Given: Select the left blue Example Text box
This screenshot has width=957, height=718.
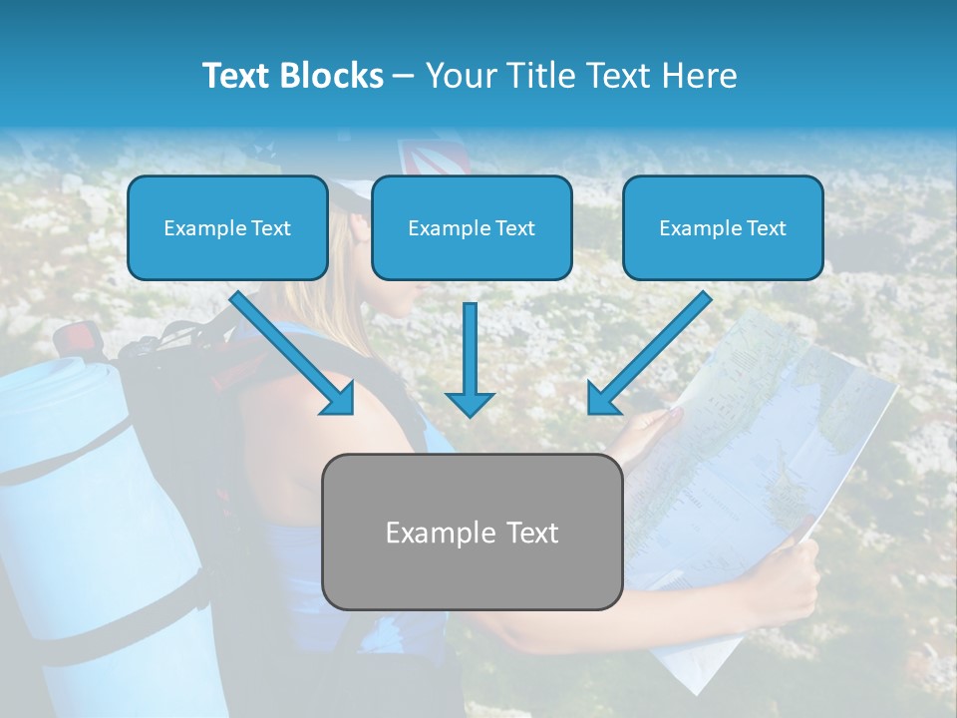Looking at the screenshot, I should [x=227, y=227].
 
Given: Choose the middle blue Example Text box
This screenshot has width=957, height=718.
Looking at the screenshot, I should [x=472, y=227].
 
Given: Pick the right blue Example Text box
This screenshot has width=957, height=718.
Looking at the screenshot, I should [x=723, y=227].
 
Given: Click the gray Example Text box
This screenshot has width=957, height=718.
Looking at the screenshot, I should [x=472, y=532].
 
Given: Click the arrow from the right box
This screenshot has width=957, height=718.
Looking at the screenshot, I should [x=648, y=354].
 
